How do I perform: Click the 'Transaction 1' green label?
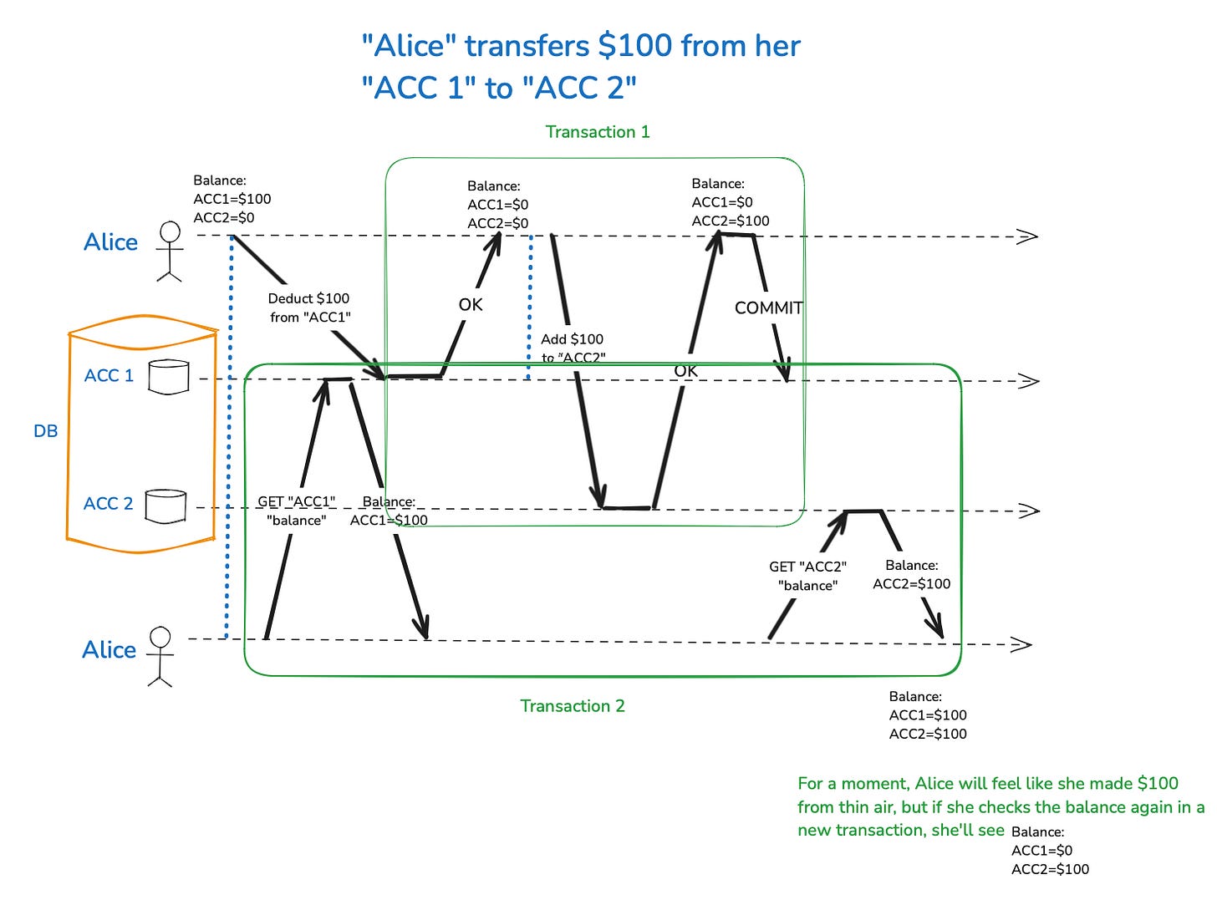tap(597, 132)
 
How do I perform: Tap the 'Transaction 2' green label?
tap(572, 706)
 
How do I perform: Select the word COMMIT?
tap(768, 308)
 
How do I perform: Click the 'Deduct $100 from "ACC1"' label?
tap(309, 308)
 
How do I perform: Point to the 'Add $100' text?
tap(572, 339)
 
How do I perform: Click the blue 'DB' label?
tap(46, 431)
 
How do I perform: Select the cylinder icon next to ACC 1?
tap(168, 377)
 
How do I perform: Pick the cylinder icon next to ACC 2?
tap(165, 506)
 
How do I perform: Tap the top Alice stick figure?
tap(170, 251)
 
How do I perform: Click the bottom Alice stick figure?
tap(160, 657)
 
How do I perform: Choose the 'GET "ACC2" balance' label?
tap(807, 576)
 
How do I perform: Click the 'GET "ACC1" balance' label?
tap(296, 511)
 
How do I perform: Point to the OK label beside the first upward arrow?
tap(471, 305)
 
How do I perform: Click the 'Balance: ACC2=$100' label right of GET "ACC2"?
tap(911, 575)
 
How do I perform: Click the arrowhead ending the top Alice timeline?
tap(1027, 236)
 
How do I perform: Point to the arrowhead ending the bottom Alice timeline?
tap(1021, 644)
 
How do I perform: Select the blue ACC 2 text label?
tap(109, 504)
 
